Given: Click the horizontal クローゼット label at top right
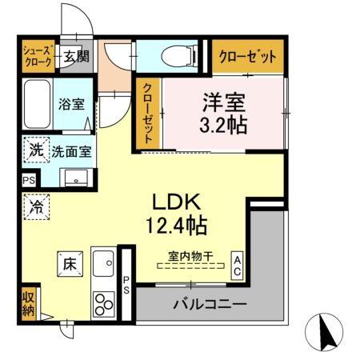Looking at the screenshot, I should pos(248,57).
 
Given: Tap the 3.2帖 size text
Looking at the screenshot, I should pos(222,125).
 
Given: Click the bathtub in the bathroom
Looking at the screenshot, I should pos(37,104).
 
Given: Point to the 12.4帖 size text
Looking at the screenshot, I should pos(178,226).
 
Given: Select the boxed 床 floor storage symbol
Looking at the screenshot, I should pos(68,262).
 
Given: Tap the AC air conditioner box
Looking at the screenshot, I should pos(238,264).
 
